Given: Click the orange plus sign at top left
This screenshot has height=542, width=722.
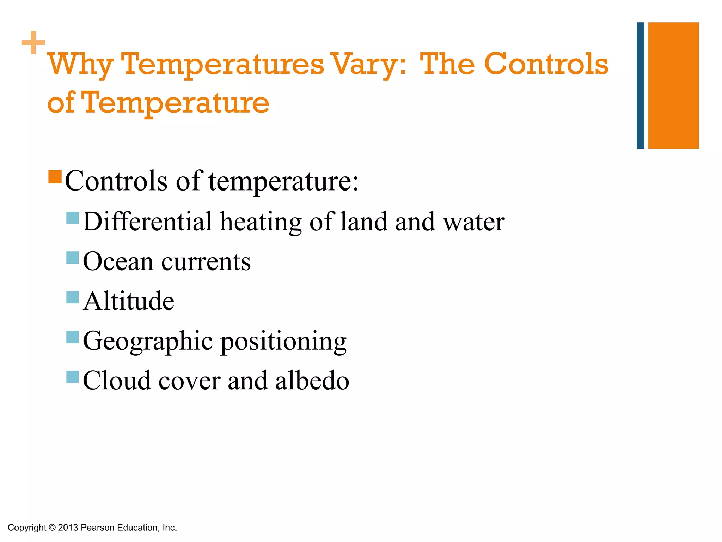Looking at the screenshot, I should (x=33, y=43).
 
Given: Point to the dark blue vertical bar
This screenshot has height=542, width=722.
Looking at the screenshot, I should (x=640, y=85).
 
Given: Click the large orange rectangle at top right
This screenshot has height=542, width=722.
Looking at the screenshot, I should (x=673, y=85).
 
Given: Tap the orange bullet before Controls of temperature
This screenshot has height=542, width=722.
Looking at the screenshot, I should (x=55, y=177).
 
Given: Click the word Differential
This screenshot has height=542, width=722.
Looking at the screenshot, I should (x=147, y=222).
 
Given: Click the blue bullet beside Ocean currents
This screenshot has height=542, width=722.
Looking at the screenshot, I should (x=72, y=258).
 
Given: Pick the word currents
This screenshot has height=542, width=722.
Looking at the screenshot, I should (x=206, y=262).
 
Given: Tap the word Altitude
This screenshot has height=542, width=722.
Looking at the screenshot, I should (x=129, y=301).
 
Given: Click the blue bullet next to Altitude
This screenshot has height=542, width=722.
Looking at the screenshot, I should (x=72, y=297).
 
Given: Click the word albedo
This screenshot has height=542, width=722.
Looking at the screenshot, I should (x=312, y=381).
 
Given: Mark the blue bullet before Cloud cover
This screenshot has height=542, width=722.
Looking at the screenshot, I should (x=72, y=377).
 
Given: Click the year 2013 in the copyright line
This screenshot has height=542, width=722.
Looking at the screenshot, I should (x=68, y=528).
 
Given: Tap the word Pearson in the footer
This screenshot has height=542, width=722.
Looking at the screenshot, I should (x=98, y=528).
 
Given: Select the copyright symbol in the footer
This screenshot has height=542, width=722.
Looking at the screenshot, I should (x=52, y=528).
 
